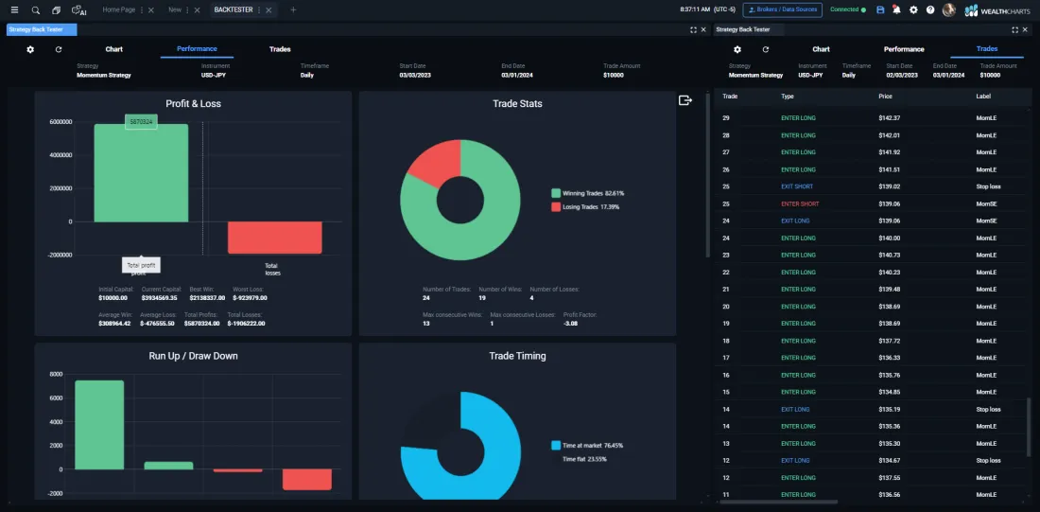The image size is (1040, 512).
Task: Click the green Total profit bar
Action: (x=141, y=175)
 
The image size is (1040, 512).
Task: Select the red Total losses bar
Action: (x=274, y=238)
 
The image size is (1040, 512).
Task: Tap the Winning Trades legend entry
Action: (x=587, y=193)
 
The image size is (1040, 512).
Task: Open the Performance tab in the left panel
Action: (x=197, y=49)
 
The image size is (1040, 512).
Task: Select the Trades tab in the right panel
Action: (x=987, y=49)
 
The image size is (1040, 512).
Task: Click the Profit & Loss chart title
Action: (x=193, y=103)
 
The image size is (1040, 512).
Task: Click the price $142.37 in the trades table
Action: (x=889, y=118)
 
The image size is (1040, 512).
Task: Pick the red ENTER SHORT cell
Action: (x=800, y=203)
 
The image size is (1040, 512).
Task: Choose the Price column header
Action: (x=885, y=97)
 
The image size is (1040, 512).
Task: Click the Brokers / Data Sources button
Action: (x=782, y=9)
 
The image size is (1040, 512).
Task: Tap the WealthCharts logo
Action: (x=997, y=10)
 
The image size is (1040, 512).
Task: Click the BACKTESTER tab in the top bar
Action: (x=233, y=9)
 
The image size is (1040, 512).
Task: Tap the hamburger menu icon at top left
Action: (x=14, y=9)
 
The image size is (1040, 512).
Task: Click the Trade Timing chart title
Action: (x=517, y=356)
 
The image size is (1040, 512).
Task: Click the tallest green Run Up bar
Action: (x=99, y=425)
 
